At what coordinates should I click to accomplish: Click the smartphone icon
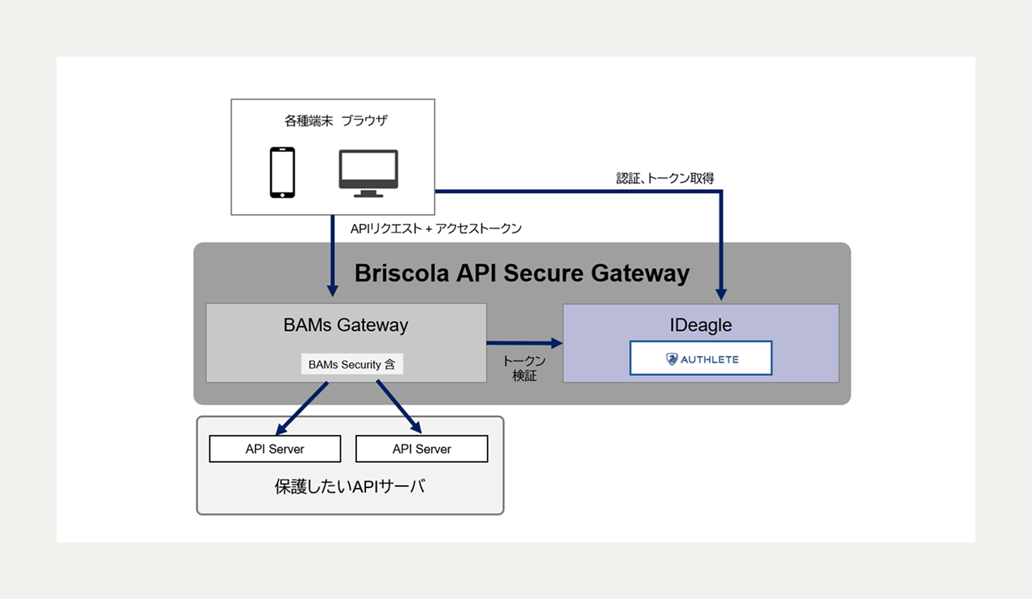tap(282, 172)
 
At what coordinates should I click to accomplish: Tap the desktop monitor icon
tap(368, 172)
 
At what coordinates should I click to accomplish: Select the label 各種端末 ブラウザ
tap(336, 121)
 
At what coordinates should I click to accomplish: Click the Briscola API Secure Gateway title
tap(522, 273)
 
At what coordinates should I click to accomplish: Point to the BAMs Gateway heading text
tap(346, 325)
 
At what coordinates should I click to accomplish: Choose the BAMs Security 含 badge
tap(351, 364)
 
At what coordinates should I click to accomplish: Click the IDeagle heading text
tap(700, 325)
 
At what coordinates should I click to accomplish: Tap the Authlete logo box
tap(700, 358)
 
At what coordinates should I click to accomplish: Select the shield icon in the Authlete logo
tap(672, 359)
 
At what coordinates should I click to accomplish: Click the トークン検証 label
tap(524, 368)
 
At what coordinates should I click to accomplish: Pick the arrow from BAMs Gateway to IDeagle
tap(524, 343)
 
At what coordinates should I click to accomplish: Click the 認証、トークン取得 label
tap(664, 178)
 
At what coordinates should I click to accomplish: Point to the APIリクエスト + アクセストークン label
tap(435, 229)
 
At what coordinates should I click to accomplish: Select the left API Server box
tap(275, 449)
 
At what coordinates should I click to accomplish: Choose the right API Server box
tap(421, 449)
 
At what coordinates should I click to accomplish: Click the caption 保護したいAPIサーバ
tap(349, 487)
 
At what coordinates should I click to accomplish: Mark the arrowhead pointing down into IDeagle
tap(721, 294)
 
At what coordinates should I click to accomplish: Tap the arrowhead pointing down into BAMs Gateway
tap(332, 290)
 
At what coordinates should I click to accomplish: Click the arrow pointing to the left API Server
tap(302, 408)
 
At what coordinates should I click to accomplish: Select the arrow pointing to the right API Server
tap(399, 407)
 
